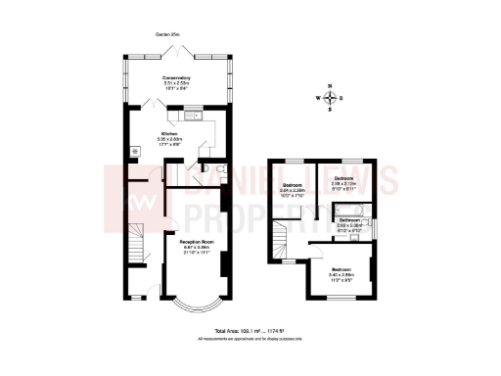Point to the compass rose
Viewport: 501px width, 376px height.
pos(334,97)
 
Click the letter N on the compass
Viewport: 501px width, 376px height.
pos(334,86)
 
